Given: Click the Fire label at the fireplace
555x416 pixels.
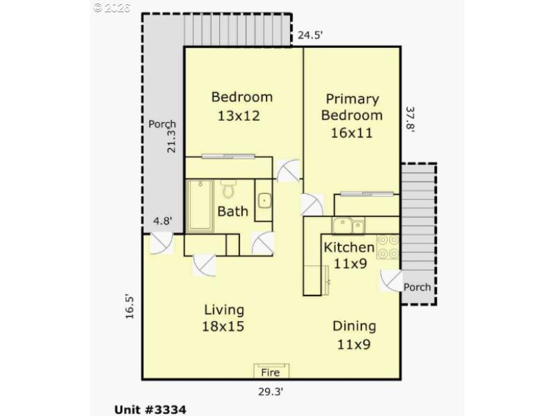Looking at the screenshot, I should pos(270,372).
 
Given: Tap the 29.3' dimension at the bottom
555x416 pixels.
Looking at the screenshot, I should pos(270,391).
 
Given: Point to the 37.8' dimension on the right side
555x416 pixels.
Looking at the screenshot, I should pos(411,123).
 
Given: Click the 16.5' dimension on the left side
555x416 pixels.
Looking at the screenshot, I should pos(130,306).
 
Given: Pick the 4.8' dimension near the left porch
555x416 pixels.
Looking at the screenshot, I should pos(162,222).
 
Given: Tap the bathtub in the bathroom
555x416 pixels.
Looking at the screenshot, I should pos(200,205).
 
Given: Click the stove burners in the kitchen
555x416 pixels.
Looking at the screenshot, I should pos(388,247).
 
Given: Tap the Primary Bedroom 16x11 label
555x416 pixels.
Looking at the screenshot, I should pos(352,116).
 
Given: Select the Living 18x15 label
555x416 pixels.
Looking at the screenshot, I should pos(223,318).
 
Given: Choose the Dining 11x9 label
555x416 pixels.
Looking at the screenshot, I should pos(354,334).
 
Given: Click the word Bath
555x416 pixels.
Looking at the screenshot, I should pos(232,211).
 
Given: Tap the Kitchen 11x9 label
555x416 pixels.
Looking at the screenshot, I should pos(350,254).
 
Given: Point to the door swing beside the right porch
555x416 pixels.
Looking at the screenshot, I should pos(391,281).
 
